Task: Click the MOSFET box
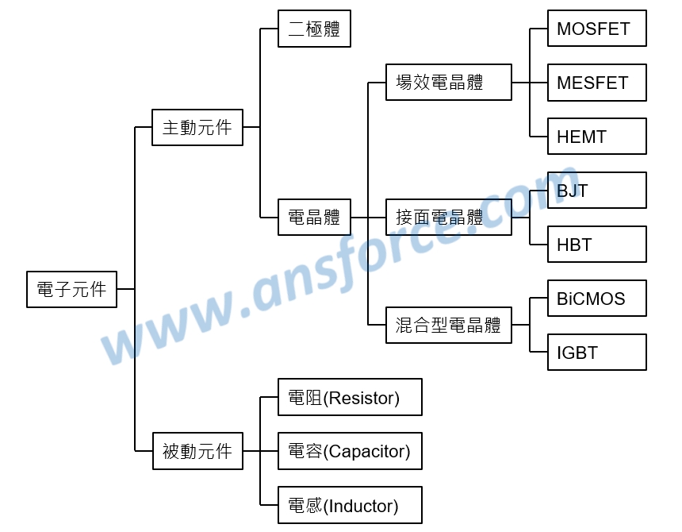[596, 29]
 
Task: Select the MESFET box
[596, 83]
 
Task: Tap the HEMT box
[596, 137]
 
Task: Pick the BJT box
[596, 191]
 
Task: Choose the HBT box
[596, 245]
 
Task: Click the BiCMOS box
[596, 299]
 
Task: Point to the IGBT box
[596, 353]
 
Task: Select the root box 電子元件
[71, 290]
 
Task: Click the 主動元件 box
[197, 128]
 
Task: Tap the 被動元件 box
[197, 451]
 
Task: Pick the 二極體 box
[315, 29]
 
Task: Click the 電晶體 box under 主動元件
[315, 218]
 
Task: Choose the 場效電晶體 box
[449, 83]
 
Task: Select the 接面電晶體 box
[449, 218]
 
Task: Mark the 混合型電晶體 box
[449, 326]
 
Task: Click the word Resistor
[362, 398]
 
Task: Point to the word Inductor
[361, 506]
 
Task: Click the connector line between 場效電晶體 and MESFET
[529, 83]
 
